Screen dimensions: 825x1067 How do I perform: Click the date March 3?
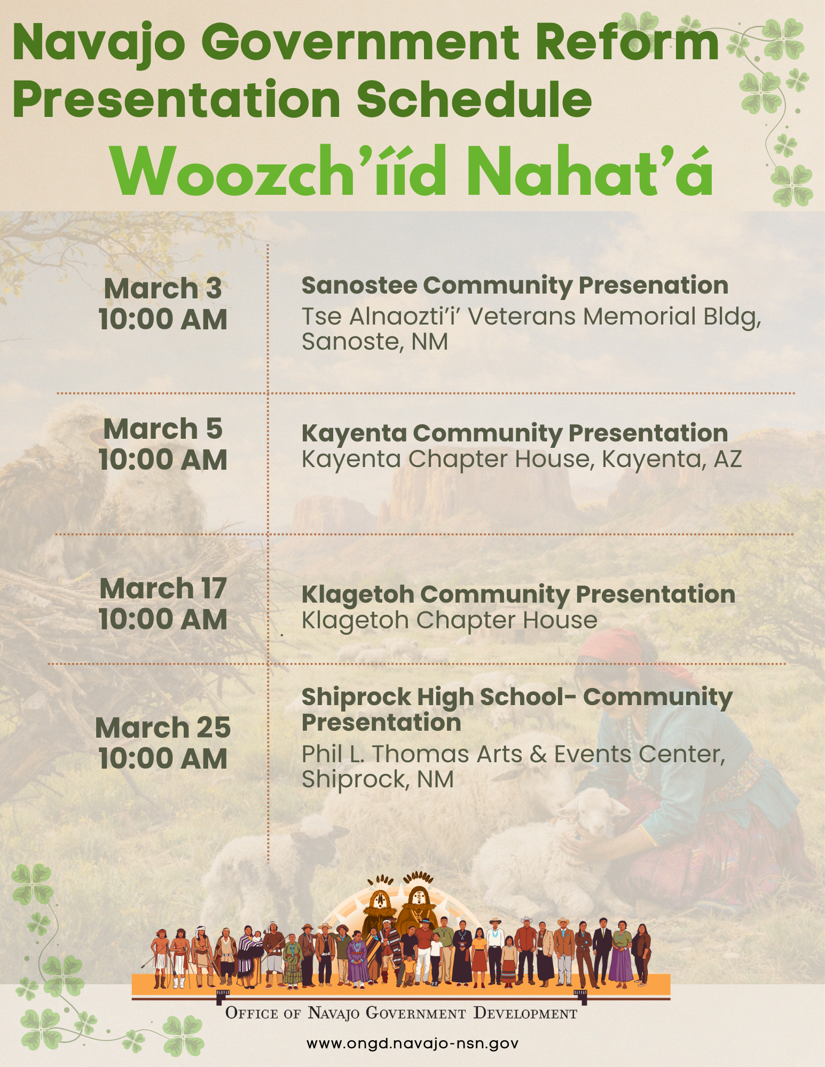pos(163,288)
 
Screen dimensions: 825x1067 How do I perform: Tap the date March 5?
pos(163,429)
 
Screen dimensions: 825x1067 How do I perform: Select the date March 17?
pos(163,588)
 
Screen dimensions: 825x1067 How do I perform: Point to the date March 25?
pos(163,728)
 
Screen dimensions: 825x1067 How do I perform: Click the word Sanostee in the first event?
pos(360,285)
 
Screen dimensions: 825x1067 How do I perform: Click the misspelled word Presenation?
pos(654,285)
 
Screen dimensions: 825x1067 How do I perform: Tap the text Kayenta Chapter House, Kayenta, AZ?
pos(522,459)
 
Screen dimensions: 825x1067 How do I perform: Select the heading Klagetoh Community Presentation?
pos(518,594)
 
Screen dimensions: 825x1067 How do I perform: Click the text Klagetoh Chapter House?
pos(450,620)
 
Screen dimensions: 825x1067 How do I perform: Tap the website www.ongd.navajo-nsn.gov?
pos(412,1043)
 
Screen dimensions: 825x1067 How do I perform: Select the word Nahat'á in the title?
pos(590,171)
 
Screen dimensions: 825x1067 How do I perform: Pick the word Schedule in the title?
pos(474,99)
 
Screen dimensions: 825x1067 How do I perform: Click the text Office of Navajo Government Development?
pos(401,1013)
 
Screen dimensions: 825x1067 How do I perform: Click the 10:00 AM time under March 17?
pos(163,619)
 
